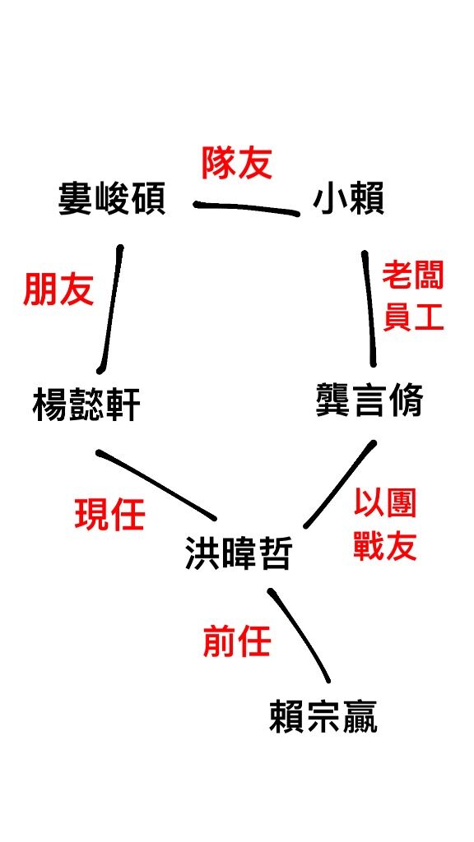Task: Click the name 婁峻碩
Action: pyautogui.click(x=112, y=199)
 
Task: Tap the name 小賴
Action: pyautogui.click(x=348, y=199)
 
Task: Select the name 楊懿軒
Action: pyautogui.click(x=86, y=405)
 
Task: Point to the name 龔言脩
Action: pyautogui.click(x=369, y=400)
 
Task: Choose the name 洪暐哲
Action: pyautogui.click(x=238, y=553)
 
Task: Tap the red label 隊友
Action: pyautogui.click(x=236, y=163)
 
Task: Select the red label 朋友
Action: pyautogui.click(x=58, y=290)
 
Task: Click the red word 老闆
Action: pyautogui.click(x=413, y=277)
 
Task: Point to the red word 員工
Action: pyautogui.click(x=413, y=317)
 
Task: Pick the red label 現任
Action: pyautogui.click(x=110, y=515)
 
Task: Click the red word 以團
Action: pyautogui.click(x=385, y=504)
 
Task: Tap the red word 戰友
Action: pyautogui.click(x=385, y=547)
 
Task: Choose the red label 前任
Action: pyautogui.click(x=237, y=641)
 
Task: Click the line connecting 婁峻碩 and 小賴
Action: pyautogui.click(x=247, y=208)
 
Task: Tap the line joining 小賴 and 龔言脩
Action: pyautogui.click(x=369, y=308)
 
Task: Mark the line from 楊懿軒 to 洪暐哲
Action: pyautogui.click(x=156, y=484)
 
